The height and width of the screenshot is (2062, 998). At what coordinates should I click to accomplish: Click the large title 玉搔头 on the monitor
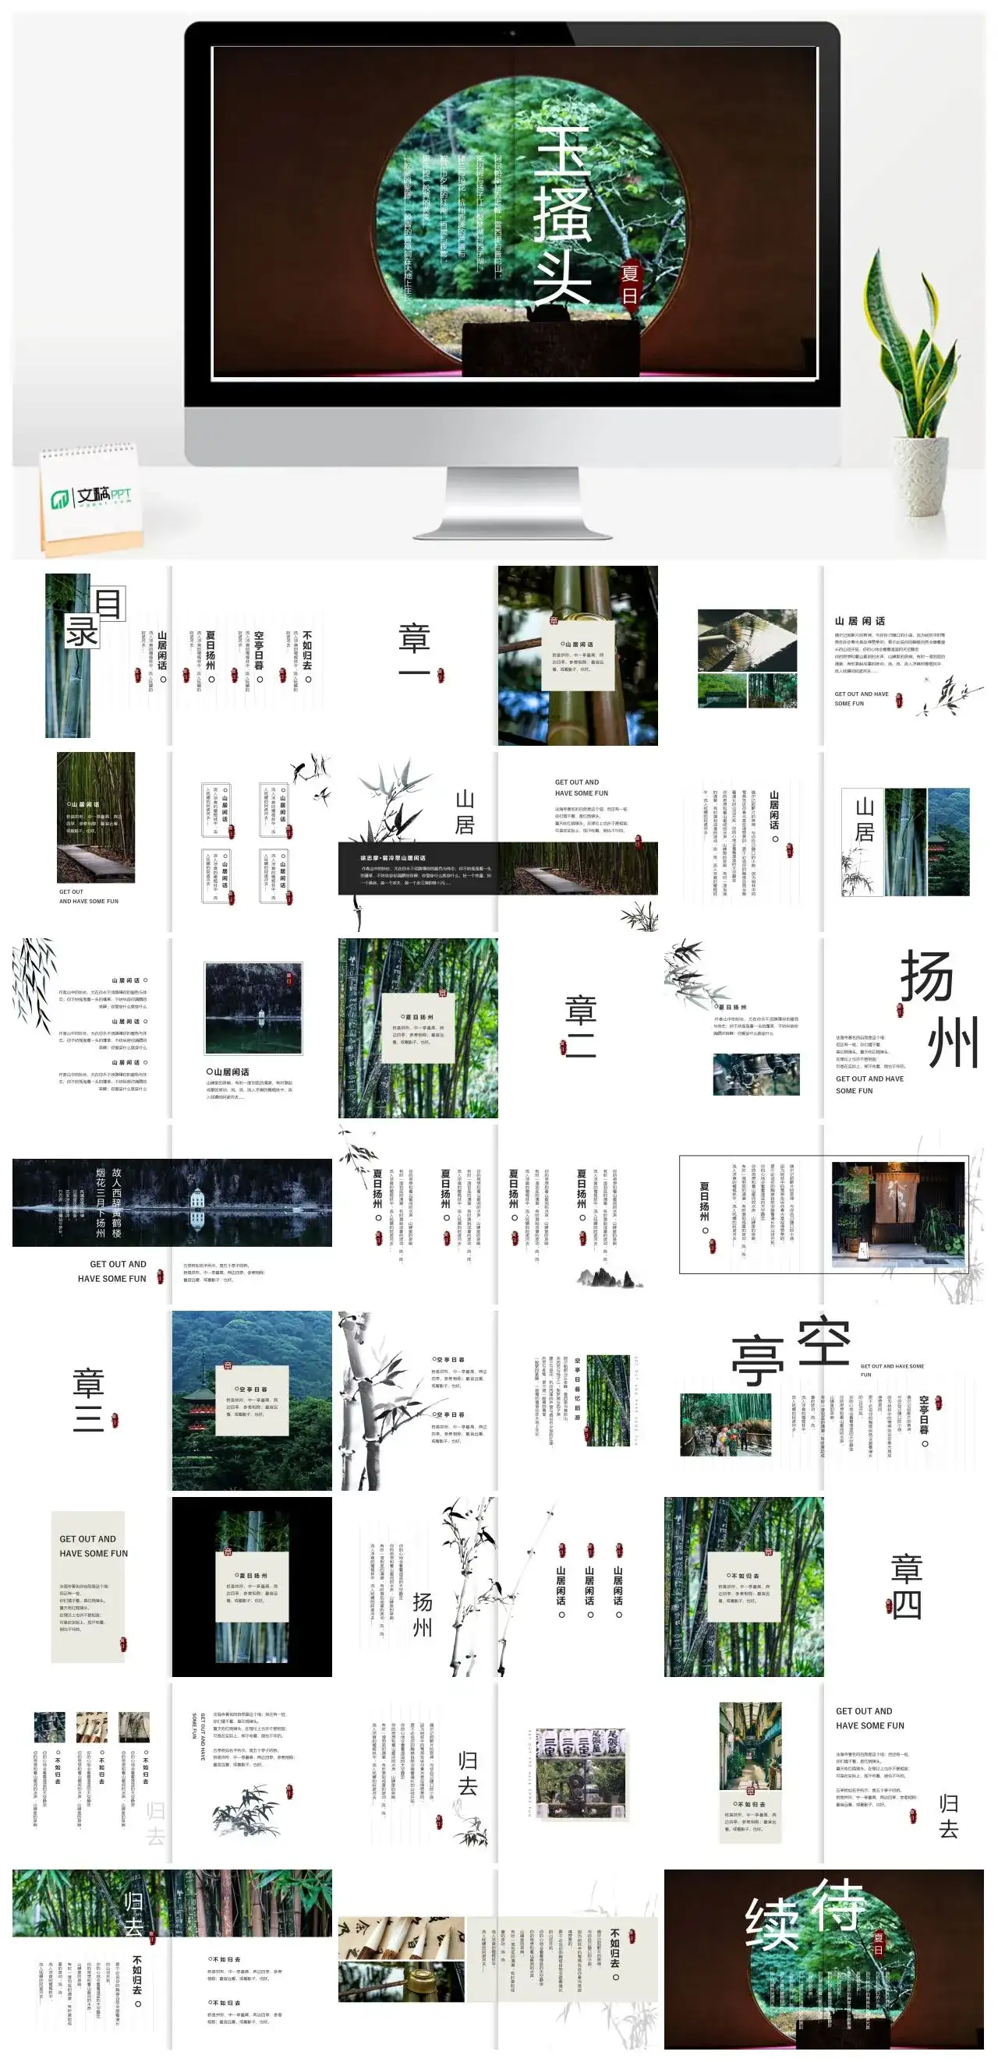tap(562, 217)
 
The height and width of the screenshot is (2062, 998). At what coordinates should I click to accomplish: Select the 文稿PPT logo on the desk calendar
tap(90, 497)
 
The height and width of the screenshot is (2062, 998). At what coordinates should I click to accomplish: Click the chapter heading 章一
tap(414, 653)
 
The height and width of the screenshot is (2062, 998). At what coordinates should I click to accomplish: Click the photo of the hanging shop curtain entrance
tap(898, 1213)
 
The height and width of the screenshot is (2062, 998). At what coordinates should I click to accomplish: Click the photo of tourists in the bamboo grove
tap(725, 1424)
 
